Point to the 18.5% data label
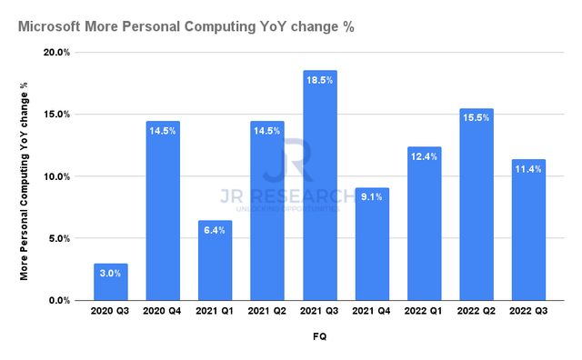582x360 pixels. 319,80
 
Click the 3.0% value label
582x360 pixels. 110,273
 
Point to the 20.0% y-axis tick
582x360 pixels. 57,53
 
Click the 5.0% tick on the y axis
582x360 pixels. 60,238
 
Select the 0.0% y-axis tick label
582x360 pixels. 60,300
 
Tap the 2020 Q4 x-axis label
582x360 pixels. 163,312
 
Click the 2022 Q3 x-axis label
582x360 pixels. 528,312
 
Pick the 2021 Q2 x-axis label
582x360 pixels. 267,312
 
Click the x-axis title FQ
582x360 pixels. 319,336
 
